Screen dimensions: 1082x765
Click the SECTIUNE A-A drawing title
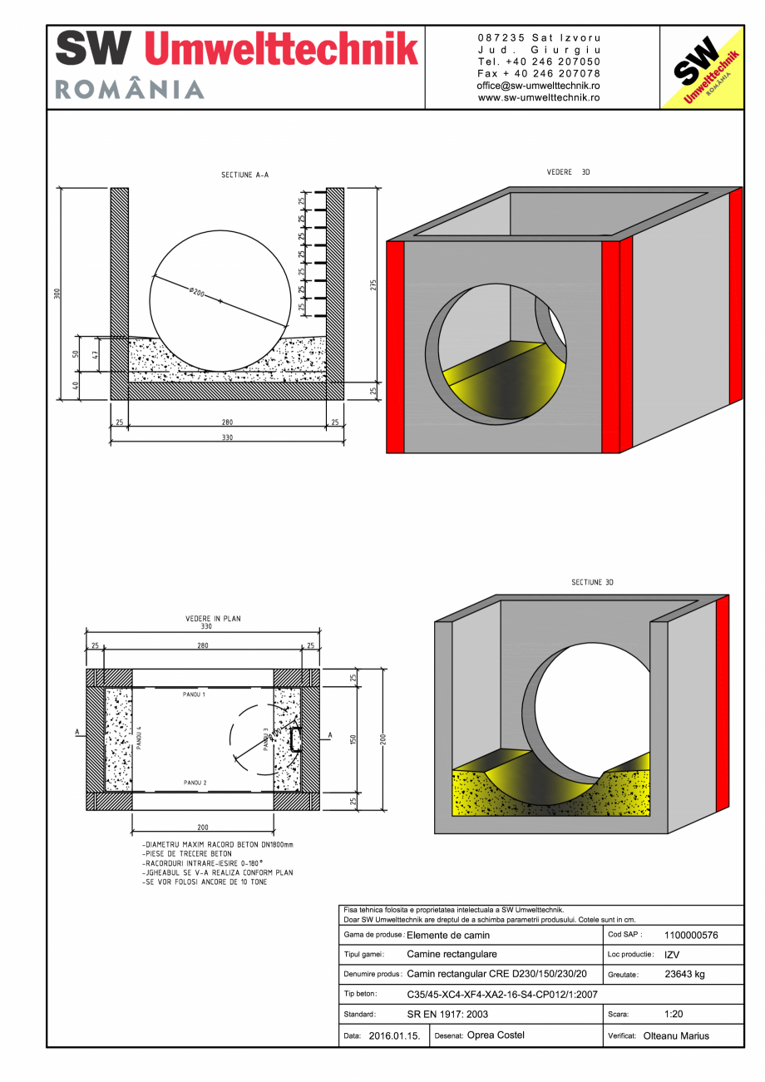[244, 175]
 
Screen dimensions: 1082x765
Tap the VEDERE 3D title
[568, 172]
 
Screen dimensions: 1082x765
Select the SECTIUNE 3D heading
[592, 582]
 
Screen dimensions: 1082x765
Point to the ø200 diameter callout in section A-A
[197, 293]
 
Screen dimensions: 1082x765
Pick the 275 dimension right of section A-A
[376, 285]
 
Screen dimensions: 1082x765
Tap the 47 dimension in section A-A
[96, 354]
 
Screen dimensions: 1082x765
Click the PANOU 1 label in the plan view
[195, 693]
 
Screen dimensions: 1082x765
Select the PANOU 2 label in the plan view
[195, 783]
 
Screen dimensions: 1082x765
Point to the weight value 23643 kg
[685, 974]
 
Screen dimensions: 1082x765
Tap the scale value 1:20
[674, 1014]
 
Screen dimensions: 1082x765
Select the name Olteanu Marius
[676, 1035]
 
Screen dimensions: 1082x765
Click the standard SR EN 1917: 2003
[447, 1015]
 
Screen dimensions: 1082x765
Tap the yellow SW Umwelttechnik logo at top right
[701, 68]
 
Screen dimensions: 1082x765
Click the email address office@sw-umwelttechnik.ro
[539, 86]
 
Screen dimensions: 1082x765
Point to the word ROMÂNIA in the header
[130, 90]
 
